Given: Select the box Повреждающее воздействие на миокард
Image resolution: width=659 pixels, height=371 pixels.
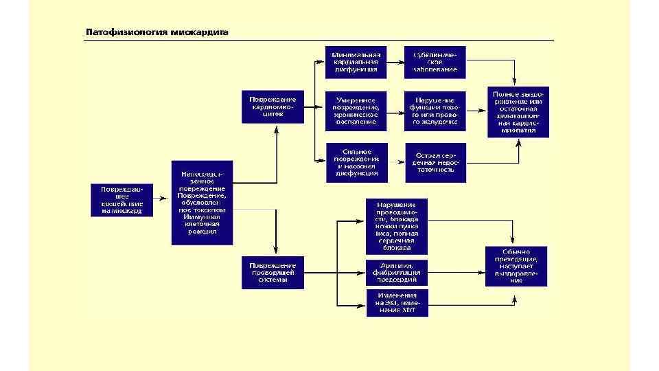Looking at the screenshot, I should [122, 199].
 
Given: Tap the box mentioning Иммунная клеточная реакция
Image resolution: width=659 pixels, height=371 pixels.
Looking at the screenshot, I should [203, 203].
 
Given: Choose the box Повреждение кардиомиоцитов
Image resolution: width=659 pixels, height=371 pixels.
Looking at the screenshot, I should [272, 106].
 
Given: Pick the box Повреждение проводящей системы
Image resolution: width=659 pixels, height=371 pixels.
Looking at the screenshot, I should [272, 272].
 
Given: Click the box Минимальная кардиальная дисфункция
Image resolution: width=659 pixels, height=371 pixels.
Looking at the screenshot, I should [356, 62].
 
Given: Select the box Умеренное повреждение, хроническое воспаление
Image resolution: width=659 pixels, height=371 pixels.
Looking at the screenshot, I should [356, 111].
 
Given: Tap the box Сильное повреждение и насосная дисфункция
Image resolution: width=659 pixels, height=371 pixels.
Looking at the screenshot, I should [356, 163].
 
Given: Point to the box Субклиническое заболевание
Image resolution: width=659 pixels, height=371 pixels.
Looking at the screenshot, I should [435, 62].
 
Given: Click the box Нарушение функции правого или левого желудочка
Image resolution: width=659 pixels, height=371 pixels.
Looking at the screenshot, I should [435, 111].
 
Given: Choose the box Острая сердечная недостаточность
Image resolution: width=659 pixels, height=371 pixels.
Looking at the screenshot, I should [435, 163].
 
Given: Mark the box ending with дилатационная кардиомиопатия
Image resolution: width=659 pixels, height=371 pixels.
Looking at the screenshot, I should [518, 111].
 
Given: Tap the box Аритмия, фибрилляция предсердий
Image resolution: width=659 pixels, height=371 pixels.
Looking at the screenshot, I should [396, 272].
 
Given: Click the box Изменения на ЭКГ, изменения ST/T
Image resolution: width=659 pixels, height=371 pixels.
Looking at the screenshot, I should [396, 302].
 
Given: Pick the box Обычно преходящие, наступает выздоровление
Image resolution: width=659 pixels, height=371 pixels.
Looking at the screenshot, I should [516, 266].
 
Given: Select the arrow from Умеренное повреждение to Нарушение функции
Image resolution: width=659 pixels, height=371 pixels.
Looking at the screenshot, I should [395, 111].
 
